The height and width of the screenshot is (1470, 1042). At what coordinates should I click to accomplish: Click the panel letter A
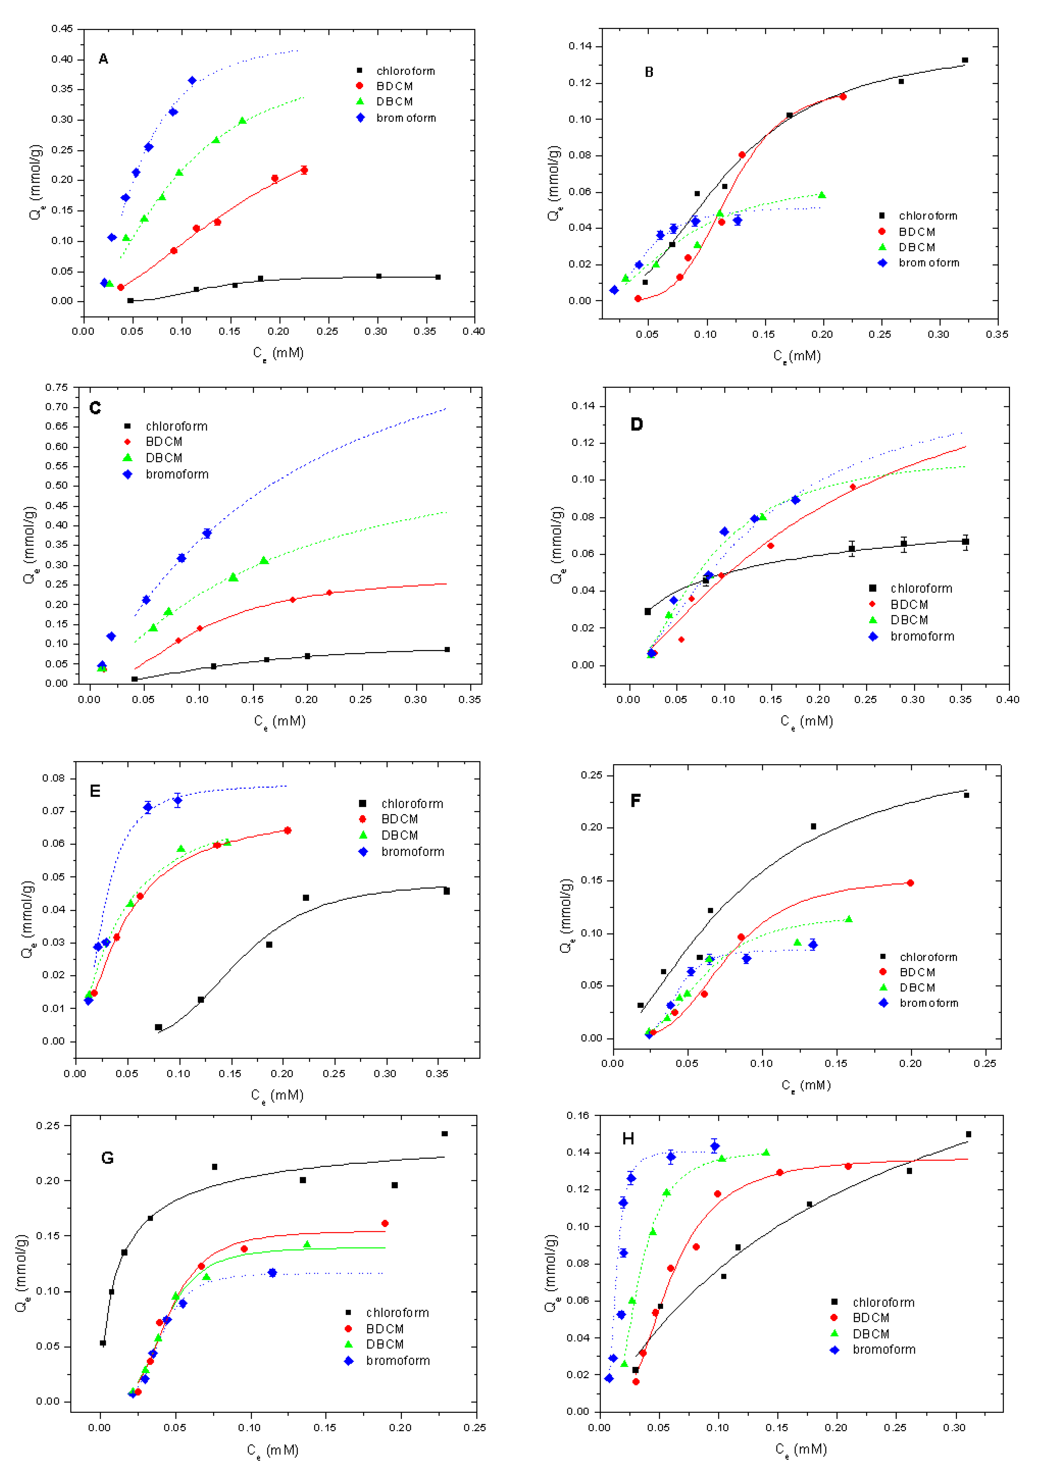coord(103,59)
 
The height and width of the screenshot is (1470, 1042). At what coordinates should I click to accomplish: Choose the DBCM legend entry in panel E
coord(399,835)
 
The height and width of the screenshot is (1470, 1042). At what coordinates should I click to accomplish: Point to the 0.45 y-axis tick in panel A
coord(62,29)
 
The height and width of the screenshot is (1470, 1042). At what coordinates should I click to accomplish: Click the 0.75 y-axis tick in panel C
coord(56,387)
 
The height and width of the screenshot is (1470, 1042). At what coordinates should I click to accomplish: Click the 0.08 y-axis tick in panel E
coord(54,778)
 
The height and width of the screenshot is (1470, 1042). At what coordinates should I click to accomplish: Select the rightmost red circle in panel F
coord(910,883)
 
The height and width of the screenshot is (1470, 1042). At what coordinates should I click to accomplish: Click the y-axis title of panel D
coord(557,546)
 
